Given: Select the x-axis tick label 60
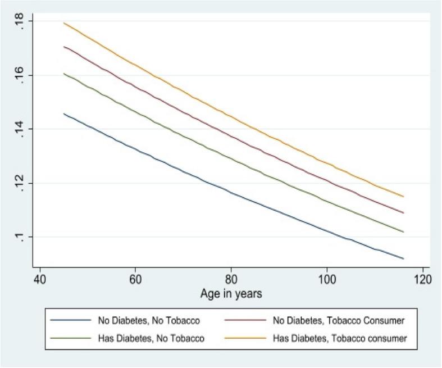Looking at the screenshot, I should point(135,279).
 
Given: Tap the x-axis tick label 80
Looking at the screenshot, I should point(231,279).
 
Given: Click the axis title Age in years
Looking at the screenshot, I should point(231,294).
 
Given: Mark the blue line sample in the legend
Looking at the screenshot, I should point(71,320).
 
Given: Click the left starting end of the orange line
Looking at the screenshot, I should point(64,23).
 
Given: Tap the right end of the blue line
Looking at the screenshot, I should point(403,259).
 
